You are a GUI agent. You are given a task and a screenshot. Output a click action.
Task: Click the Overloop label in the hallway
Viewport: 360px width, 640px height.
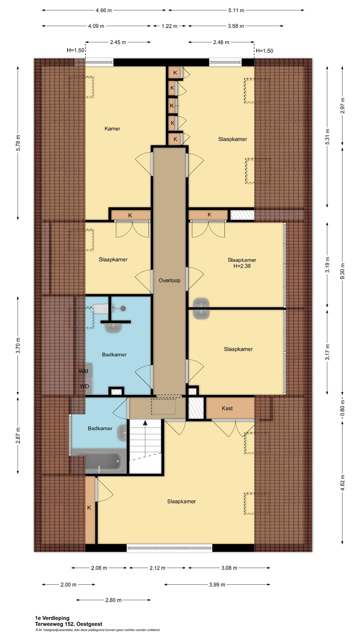point(169,280)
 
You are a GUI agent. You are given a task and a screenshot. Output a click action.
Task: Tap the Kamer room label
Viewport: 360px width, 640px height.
point(112,129)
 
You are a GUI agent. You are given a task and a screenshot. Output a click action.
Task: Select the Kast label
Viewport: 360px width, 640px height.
point(227,408)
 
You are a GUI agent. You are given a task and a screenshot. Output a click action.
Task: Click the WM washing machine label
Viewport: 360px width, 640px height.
point(83,371)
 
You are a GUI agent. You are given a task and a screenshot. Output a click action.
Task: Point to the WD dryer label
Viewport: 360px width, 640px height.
point(84,386)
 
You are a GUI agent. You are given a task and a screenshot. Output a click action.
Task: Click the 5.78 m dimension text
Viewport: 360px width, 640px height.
point(18,143)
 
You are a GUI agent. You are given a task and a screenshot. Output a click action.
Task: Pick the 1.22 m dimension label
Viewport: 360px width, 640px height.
point(169,26)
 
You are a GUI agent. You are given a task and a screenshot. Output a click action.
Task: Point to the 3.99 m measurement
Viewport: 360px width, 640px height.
point(217,584)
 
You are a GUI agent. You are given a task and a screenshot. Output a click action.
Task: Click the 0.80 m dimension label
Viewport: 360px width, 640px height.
point(343,409)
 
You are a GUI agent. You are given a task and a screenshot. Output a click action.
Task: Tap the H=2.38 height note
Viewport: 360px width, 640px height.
point(242,266)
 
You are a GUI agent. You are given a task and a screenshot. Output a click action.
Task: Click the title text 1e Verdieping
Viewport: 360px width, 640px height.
point(52,618)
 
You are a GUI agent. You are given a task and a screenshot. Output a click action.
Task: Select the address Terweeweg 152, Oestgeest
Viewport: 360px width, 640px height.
point(69,624)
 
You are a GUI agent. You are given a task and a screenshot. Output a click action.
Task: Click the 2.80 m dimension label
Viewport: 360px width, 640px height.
point(113,600)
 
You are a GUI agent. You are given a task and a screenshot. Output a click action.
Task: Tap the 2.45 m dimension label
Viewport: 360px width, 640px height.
point(118,42)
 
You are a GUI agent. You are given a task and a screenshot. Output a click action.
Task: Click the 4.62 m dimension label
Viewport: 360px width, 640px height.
point(343,483)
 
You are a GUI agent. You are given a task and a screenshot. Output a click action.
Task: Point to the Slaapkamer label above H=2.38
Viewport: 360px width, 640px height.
point(242,260)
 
